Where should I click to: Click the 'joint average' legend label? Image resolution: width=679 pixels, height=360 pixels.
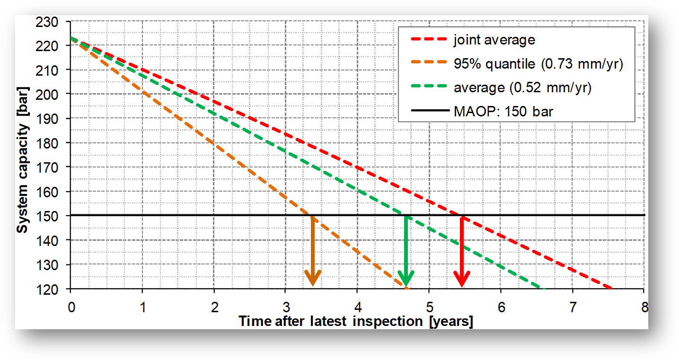click(x=494, y=40)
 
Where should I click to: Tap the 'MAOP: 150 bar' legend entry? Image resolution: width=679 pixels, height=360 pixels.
click(x=503, y=113)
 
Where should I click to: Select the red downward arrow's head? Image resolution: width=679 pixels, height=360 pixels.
click(x=461, y=279)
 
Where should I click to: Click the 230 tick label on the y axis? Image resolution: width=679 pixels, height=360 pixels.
click(x=53, y=22)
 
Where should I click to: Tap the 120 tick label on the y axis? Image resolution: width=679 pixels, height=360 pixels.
click(x=53, y=289)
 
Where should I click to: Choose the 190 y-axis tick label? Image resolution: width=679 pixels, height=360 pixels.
click(x=53, y=119)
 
